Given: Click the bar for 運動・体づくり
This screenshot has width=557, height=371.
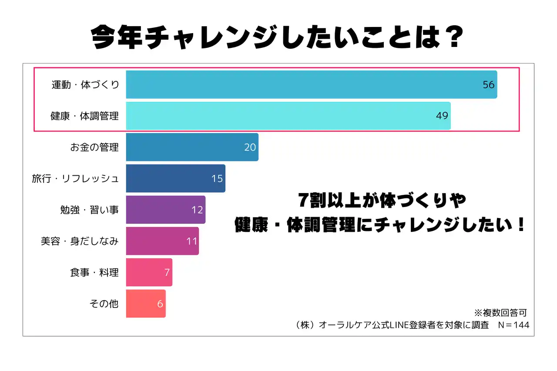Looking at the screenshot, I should coord(311,84).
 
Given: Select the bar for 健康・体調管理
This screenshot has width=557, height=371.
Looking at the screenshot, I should coord(288,116).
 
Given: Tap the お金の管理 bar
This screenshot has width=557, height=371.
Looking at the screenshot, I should coord(192,147).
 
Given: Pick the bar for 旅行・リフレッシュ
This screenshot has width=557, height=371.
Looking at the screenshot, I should coord(175,178).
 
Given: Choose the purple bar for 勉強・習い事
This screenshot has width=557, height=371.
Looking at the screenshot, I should coord(165,210).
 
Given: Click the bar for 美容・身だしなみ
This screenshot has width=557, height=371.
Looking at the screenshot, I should coord(162,241).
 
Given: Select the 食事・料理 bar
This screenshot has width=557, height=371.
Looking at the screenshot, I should coord(149,272).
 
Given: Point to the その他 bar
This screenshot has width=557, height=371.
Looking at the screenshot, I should coord(146,304).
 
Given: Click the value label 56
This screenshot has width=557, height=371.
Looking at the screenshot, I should coord(489,85).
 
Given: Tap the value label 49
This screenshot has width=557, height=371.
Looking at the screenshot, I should coord(442,116).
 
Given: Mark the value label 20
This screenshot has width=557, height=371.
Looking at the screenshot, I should coord(250,147).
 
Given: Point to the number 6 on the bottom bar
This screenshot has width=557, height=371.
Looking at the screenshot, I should coord(160,304).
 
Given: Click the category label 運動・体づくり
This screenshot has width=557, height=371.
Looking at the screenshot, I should coord(85,85).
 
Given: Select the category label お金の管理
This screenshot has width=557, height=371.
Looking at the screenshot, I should coord(94,147).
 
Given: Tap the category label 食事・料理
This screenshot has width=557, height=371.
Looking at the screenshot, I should coord(94,273).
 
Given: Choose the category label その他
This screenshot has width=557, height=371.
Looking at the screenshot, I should coord(104,304).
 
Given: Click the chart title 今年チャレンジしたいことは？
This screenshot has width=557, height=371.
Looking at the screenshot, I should coord(278,39).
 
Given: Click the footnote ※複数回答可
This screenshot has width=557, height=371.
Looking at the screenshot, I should coord(500,313).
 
